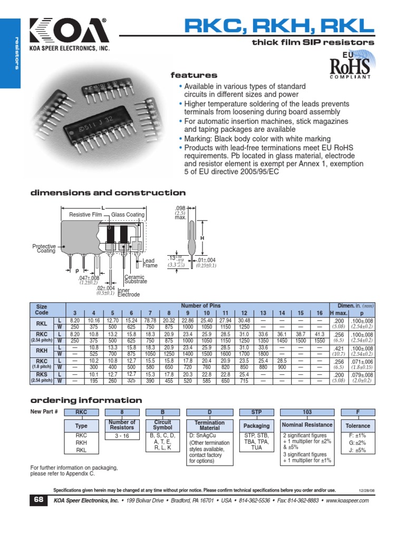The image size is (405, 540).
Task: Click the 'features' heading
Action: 194,75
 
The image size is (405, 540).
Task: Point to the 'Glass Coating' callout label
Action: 128,215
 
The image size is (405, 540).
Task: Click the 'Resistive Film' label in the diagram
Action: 85,215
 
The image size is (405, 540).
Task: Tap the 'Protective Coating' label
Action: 44,248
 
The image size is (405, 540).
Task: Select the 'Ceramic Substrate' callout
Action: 136,279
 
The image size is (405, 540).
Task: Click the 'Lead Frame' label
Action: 149,263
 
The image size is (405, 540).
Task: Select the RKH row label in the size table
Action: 41,351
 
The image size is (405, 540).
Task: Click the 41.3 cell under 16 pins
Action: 320,334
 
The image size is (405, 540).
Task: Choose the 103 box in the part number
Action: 307,412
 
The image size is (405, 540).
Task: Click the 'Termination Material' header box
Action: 209,425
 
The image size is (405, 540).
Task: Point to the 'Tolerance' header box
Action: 358,426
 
